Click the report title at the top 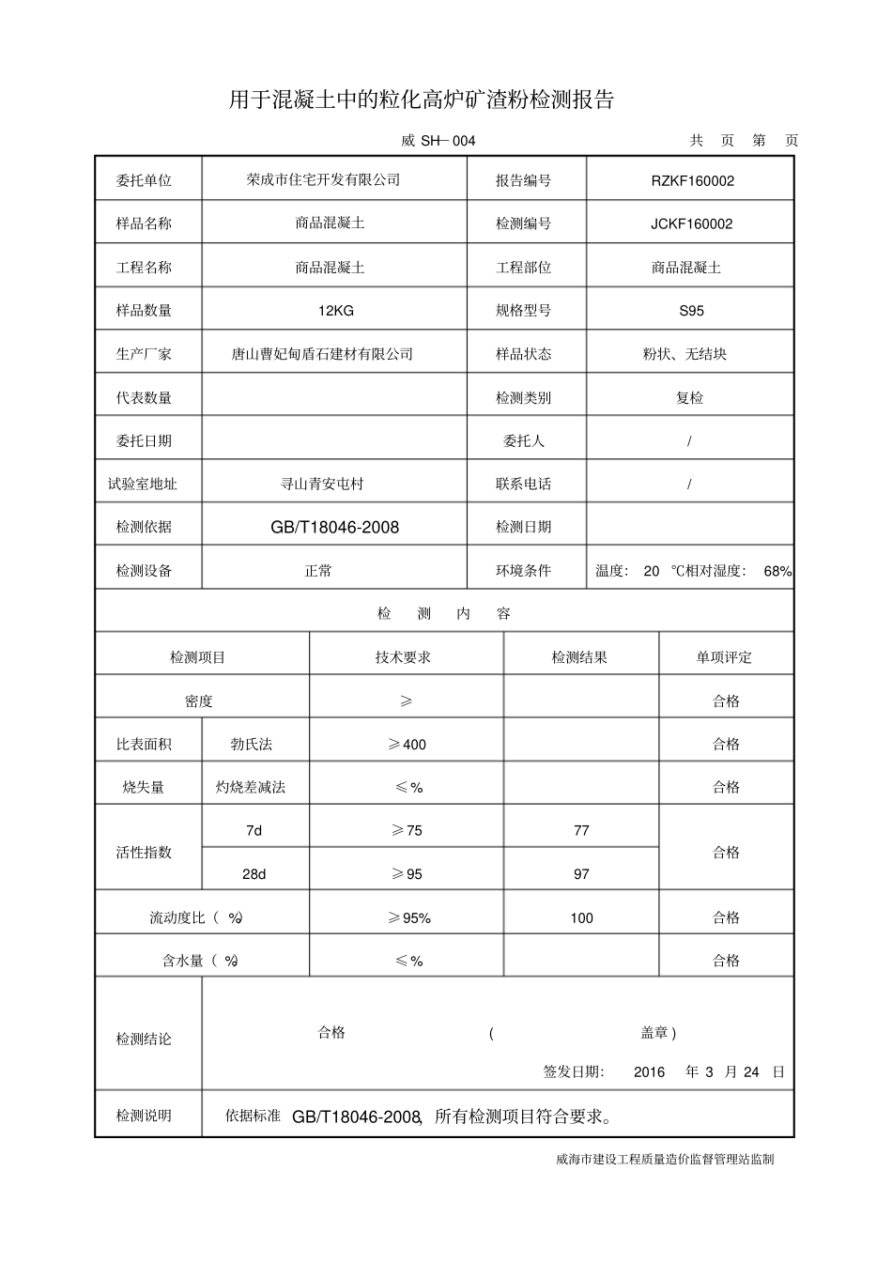click(421, 100)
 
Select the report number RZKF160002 click(692, 180)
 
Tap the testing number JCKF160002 click(691, 223)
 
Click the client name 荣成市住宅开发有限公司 click(323, 179)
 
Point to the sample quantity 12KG click(335, 310)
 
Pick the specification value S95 click(691, 310)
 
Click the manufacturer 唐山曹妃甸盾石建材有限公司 click(322, 354)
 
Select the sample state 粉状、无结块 click(684, 354)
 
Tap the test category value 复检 click(689, 397)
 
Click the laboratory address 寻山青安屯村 click(322, 484)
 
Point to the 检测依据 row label click(144, 527)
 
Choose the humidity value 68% click(777, 571)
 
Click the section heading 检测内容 click(444, 613)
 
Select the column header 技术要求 click(403, 657)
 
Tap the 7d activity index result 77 click(581, 830)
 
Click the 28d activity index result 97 click(581, 874)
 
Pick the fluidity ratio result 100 click(581, 917)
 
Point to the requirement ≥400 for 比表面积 click(408, 744)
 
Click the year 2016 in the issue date click(649, 1071)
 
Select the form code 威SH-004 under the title click(438, 141)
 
